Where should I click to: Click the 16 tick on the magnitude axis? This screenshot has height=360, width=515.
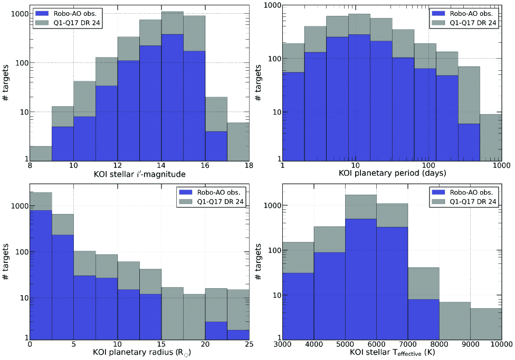pyautogui.click(x=205, y=165)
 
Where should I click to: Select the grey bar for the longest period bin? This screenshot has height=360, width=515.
pyautogui.click(x=491, y=137)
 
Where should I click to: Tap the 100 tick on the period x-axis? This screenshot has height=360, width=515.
pyautogui.click(x=428, y=165)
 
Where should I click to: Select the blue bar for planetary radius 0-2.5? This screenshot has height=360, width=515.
pyautogui.click(x=41, y=274)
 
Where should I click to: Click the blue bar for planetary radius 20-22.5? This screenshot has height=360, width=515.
pyautogui.click(x=216, y=330)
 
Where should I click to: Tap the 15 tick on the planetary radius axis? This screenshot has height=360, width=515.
pyautogui.click(x=161, y=345)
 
